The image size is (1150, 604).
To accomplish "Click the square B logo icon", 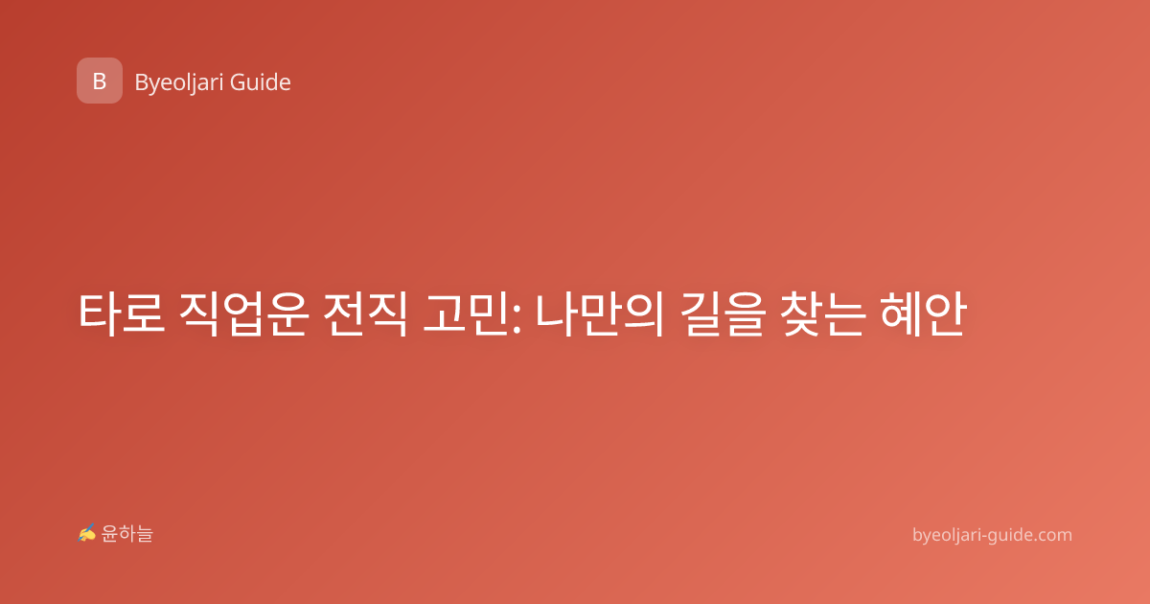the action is pos(100,81).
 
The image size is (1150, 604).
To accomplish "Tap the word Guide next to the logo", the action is pos(261,82).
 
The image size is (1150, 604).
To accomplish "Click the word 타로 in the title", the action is pos(122,314).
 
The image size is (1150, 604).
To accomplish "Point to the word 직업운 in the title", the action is pos(243,314).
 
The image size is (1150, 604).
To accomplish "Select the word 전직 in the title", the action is pos(365,314).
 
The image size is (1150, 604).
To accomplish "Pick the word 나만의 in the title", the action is pos(600,314).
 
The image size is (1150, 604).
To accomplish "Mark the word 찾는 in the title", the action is pos(823,314).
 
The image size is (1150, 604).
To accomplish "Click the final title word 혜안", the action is pos(924,314).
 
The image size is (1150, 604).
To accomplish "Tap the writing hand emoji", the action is pos(87,533).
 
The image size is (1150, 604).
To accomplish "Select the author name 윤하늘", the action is pos(126,534).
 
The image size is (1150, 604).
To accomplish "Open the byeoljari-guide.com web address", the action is pos(992,535).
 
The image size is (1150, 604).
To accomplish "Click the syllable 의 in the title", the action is pos(643,314).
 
